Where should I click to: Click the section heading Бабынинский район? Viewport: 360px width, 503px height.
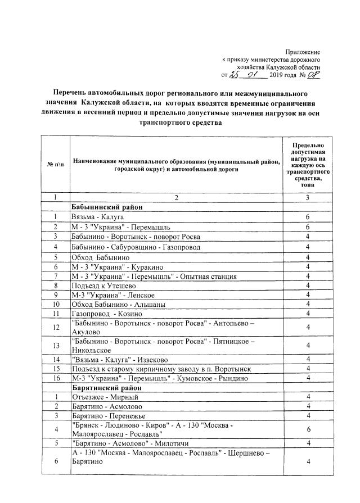coord(107,207)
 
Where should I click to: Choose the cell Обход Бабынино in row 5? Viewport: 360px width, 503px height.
coord(101,257)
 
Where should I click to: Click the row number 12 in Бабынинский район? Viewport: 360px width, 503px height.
coord(55,327)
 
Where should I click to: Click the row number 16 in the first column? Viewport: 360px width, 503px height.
coord(55,378)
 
